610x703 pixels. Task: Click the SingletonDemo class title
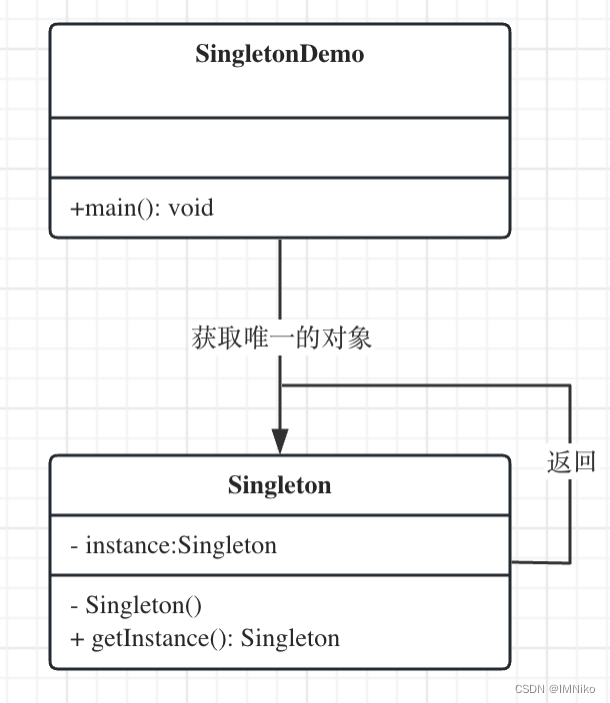click(280, 54)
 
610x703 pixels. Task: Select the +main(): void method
click(142, 208)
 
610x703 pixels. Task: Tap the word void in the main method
click(191, 208)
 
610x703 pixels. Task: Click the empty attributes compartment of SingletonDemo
click(280, 148)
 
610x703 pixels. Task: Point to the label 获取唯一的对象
click(281, 338)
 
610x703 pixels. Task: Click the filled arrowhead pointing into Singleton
click(280, 441)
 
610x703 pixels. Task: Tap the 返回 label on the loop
click(571, 461)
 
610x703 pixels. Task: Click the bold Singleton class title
click(280, 485)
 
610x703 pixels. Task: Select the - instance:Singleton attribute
click(174, 545)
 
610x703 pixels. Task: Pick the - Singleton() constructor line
click(136, 605)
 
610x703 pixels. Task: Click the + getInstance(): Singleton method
click(205, 638)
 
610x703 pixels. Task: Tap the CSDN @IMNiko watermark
click(555, 689)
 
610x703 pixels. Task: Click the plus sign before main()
click(77, 209)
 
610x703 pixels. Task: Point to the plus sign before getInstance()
click(77, 639)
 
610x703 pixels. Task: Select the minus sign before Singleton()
click(74, 606)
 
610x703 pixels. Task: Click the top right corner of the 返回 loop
click(570, 385)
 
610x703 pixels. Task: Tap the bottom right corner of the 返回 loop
click(570, 562)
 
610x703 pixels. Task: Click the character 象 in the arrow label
click(359, 338)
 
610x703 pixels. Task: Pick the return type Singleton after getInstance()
click(290, 638)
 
